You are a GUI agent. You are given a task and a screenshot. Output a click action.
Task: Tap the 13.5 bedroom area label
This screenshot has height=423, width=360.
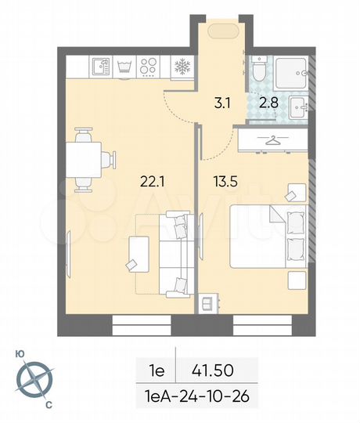pyautogui.click(x=224, y=183)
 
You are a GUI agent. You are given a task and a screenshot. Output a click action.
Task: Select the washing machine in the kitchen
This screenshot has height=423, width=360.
pyautogui.click(x=123, y=67)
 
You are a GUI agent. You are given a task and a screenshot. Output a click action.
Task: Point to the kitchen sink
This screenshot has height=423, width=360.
pyautogui.click(x=98, y=67)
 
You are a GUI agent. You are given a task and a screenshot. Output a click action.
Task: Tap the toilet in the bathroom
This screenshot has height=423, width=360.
pyautogui.click(x=259, y=70)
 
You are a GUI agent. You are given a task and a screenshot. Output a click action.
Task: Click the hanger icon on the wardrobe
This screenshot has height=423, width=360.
pyautogui.click(x=272, y=142)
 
